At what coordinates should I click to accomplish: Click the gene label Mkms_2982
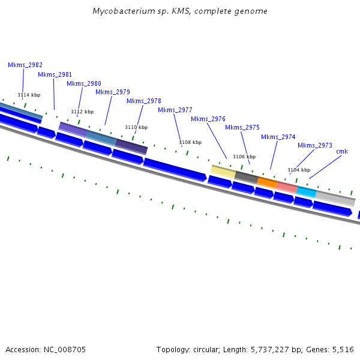pyautogui.click(x=25, y=65)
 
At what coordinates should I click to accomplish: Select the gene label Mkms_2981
pyautogui.click(x=55, y=74)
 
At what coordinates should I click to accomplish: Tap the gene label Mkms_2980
pyautogui.click(x=83, y=83)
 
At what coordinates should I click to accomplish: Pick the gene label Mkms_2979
pyautogui.click(x=113, y=92)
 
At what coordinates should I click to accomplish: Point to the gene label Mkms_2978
pyautogui.click(x=144, y=101)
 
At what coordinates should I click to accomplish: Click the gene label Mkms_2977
pyautogui.click(x=175, y=110)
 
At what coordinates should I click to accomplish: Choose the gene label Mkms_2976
pyautogui.click(x=208, y=119)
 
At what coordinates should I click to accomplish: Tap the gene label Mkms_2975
pyautogui.click(x=242, y=127)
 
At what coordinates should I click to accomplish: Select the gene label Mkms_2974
pyautogui.click(x=278, y=137)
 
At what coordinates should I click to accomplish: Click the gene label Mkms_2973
pyautogui.click(x=315, y=145)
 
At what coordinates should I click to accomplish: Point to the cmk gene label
pyautogui.click(x=342, y=151)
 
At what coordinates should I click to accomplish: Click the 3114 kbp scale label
pyautogui.click(x=29, y=95)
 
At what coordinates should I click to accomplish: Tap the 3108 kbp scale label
pyautogui.click(x=190, y=142)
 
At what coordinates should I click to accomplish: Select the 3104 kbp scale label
pyautogui.click(x=299, y=170)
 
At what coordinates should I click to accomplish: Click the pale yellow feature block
pyautogui.click(x=223, y=171)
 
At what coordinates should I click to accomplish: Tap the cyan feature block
pyautogui.click(x=306, y=192)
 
